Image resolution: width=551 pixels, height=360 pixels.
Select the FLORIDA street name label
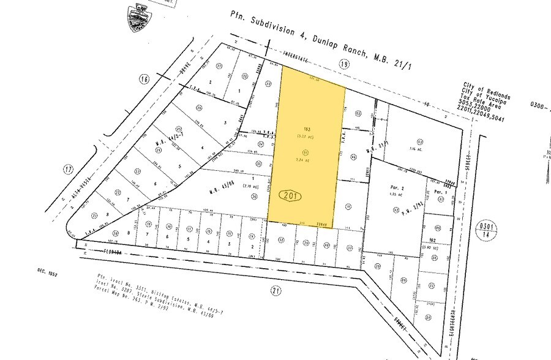coord(114,250)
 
